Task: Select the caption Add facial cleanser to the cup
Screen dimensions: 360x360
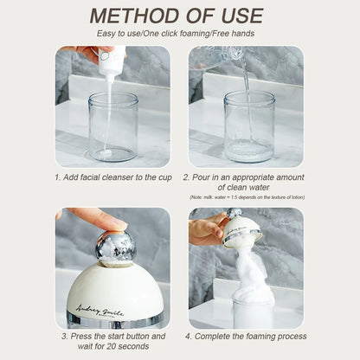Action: pos(113,177)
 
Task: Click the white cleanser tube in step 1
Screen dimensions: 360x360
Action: pos(111,59)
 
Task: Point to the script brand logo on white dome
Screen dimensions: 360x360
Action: pos(100,311)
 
